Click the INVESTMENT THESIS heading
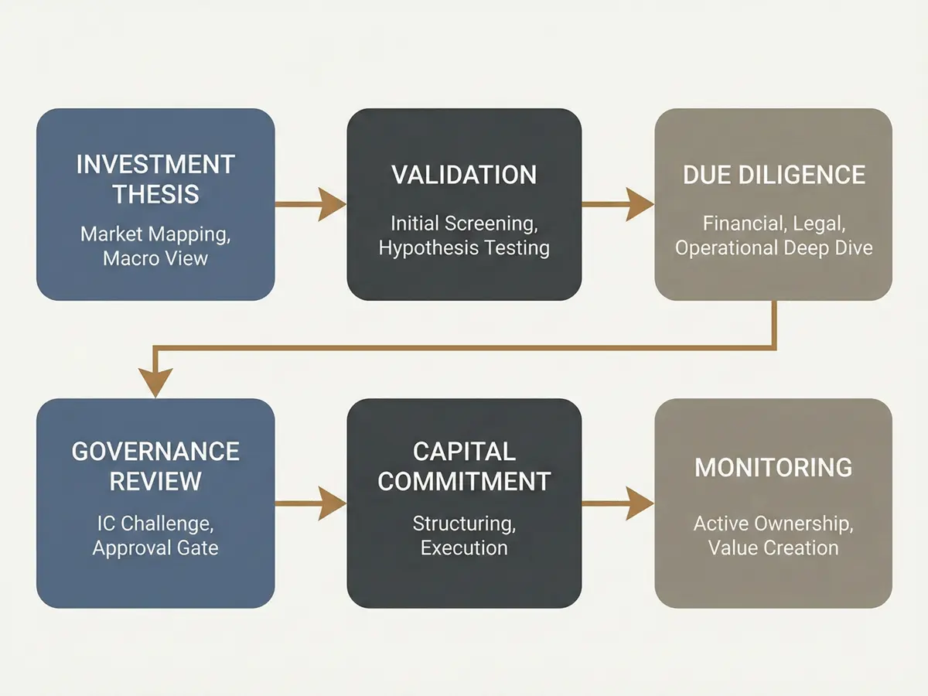(155, 179)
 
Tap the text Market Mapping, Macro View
(155, 245)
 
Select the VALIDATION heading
(464, 175)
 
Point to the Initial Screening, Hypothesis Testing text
(464, 236)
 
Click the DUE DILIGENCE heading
(773, 175)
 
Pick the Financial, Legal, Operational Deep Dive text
(773, 236)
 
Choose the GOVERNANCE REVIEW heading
(155, 466)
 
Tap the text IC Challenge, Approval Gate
(155, 536)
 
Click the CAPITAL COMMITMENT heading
(464, 466)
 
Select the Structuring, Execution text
(464, 536)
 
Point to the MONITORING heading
(773, 468)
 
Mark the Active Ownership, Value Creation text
(773, 536)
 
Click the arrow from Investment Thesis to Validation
(310, 205)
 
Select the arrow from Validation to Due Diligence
(618, 205)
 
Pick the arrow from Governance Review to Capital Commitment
(310, 504)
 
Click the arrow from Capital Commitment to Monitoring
(618, 504)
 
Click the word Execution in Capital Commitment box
(464, 548)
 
